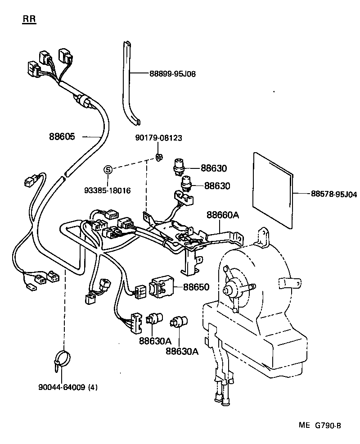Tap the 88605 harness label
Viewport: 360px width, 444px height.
[62, 137]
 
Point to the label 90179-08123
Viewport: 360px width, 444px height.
[159, 138]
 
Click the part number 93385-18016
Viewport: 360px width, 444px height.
[108, 190]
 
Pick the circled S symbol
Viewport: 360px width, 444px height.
[108, 170]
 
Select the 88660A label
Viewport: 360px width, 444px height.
[222, 215]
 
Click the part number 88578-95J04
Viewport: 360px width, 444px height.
[333, 194]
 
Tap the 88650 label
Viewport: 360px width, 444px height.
[196, 287]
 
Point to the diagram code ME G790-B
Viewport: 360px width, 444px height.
[319, 426]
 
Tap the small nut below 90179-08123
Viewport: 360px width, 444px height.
[159, 157]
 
